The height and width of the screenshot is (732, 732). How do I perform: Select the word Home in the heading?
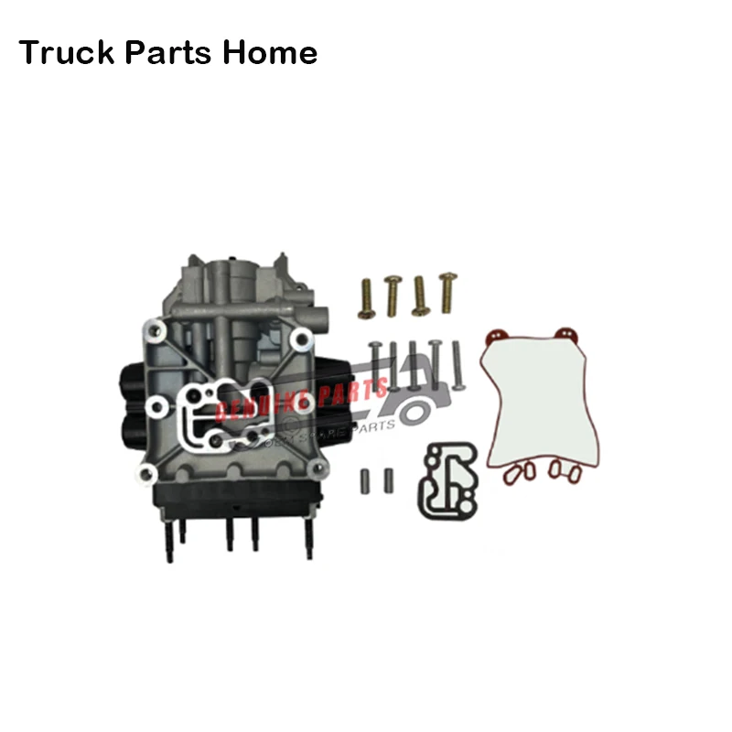tap(270, 52)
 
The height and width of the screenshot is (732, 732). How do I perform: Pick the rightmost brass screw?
tap(447, 292)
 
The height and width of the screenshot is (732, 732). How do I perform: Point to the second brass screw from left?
tap(392, 295)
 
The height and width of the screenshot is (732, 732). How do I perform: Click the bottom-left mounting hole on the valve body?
tap(145, 472)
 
